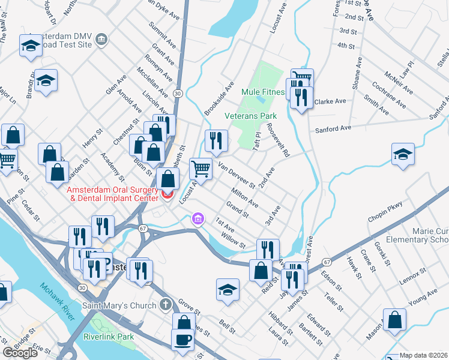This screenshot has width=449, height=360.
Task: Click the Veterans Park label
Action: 250,115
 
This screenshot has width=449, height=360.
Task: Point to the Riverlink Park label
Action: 109,337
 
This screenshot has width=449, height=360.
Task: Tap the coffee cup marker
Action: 182,339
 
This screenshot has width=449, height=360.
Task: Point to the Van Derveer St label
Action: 237,175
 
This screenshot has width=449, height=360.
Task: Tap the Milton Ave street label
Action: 244,197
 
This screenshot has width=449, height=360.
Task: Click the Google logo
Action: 20,353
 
